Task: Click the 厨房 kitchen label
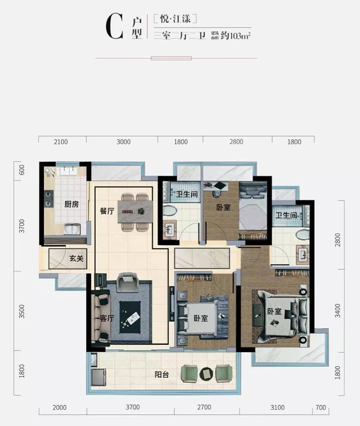[x=72, y=204]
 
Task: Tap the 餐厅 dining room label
[x=107, y=211]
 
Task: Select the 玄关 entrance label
[x=76, y=258]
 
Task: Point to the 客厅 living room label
[x=107, y=318]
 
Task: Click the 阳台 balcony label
[x=162, y=374]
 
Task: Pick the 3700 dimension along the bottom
[x=133, y=407]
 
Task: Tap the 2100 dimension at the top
[x=60, y=142]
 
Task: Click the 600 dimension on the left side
[x=22, y=170]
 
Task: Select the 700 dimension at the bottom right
[x=321, y=407]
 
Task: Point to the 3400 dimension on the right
[x=338, y=310]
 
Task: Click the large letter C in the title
[x=114, y=27]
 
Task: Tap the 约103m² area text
[x=236, y=35]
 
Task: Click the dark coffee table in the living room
[x=130, y=317]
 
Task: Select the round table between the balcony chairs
[x=206, y=374]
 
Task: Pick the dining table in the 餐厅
[x=135, y=211]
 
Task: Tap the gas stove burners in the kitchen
[x=49, y=199]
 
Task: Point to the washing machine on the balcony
[x=98, y=377]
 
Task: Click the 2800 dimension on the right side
[x=338, y=240]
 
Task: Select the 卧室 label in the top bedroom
[x=223, y=207]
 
